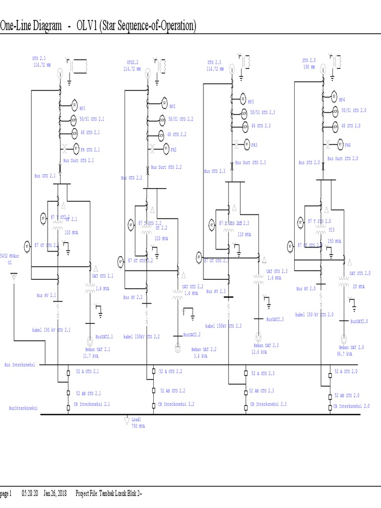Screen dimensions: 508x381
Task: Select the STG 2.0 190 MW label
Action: point(309,63)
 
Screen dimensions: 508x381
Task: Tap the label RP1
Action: point(82,108)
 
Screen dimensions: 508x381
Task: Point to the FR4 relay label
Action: point(348,146)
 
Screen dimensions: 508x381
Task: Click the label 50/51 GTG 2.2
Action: point(181,119)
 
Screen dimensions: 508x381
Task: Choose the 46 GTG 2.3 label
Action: point(261,126)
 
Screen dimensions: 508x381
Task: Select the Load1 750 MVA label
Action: point(138,423)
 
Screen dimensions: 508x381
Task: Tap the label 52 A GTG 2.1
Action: point(87,371)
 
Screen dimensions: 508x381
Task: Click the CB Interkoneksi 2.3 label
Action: point(268,404)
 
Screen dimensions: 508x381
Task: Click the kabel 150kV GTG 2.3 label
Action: point(224,326)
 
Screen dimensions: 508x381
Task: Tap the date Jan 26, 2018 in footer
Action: point(55,493)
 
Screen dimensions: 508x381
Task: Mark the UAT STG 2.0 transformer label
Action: point(360,273)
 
